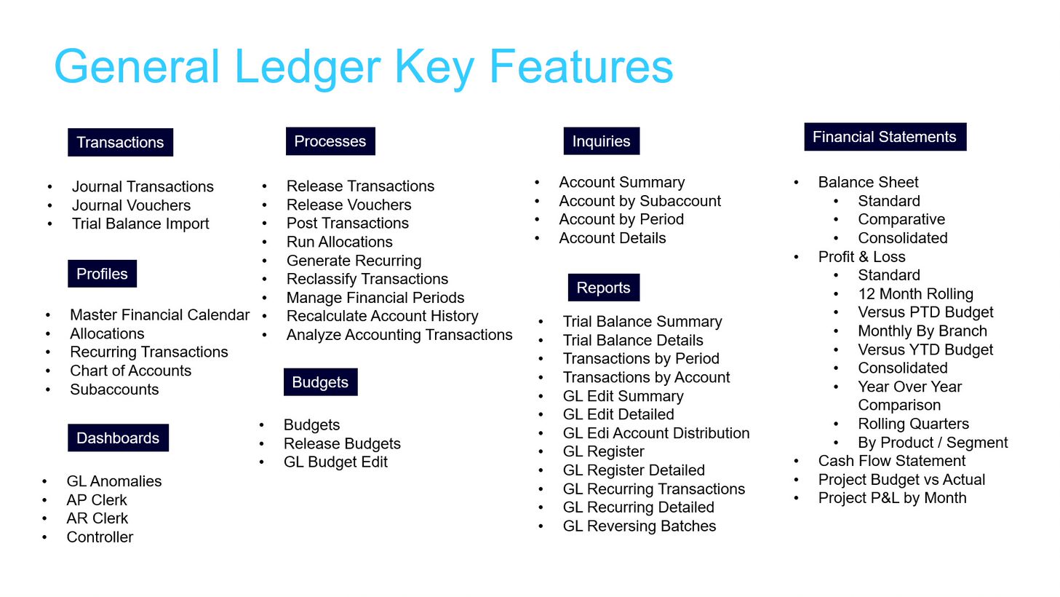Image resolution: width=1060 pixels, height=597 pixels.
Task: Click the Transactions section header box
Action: pos(120,142)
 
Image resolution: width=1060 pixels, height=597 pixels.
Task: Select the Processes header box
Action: pos(330,141)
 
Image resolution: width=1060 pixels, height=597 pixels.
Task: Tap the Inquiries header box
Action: pos(602,141)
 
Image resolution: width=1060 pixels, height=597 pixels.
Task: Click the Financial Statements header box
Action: pos(885,137)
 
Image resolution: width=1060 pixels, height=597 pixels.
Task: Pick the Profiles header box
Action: pos(102,274)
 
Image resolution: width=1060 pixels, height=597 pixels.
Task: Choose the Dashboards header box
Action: pos(118,438)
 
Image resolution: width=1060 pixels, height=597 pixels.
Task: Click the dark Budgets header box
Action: pos(320,382)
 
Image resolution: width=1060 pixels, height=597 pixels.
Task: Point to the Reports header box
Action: pos(604,288)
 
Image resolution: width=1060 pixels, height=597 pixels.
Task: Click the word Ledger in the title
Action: pos(308,67)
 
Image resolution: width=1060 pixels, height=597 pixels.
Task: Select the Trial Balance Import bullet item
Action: pos(140,224)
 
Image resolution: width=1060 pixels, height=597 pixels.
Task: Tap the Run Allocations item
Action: pos(339,242)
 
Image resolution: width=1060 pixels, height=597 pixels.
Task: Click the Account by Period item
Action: pos(621,219)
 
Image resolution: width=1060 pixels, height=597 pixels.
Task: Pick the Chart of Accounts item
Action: pos(131,371)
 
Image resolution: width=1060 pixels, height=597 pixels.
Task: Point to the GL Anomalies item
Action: pos(114,481)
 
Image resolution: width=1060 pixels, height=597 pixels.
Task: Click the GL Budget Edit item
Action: pos(335,462)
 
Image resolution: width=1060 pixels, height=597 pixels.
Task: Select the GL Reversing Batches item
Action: pos(639,526)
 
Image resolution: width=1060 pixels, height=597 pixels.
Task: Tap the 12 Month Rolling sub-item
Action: pos(916,294)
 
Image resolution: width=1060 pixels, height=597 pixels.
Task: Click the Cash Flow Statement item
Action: pos(891,461)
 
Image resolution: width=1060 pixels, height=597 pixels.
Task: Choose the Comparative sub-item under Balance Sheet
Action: pos(901,219)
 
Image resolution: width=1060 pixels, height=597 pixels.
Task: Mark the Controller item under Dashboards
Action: pos(100,537)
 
